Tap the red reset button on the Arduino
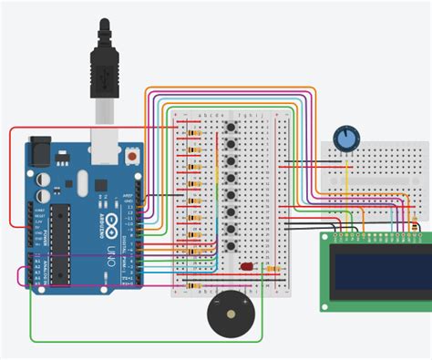tap(135, 156)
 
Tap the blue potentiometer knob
tap(346, 138)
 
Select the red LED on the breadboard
tap(248, 267)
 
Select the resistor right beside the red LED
tap(273, 268)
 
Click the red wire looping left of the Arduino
tap(11, 182)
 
